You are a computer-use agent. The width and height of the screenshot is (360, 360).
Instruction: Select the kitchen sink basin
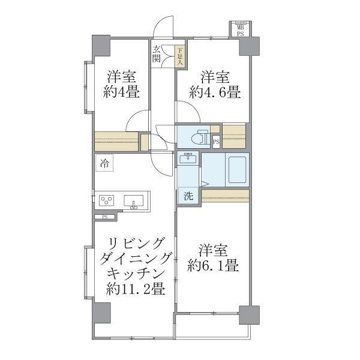coord(133,200)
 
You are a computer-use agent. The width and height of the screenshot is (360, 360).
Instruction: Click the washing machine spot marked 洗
coord(188,196)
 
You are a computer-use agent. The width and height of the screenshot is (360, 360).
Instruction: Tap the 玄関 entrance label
coord(157,54)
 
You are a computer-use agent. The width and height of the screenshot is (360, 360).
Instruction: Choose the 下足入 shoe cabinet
coord(180,56)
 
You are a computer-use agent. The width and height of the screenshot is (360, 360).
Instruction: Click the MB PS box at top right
coord(239,30)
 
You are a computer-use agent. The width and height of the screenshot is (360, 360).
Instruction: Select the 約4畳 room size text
coord(121,92)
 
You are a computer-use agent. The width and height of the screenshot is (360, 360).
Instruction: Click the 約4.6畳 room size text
coord(214,92)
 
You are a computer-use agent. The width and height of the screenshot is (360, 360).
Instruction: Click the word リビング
coord(135,244)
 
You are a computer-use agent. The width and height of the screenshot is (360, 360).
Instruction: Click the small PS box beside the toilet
coord(215,142)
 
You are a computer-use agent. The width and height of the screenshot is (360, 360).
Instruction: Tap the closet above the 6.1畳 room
coord(224,196)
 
